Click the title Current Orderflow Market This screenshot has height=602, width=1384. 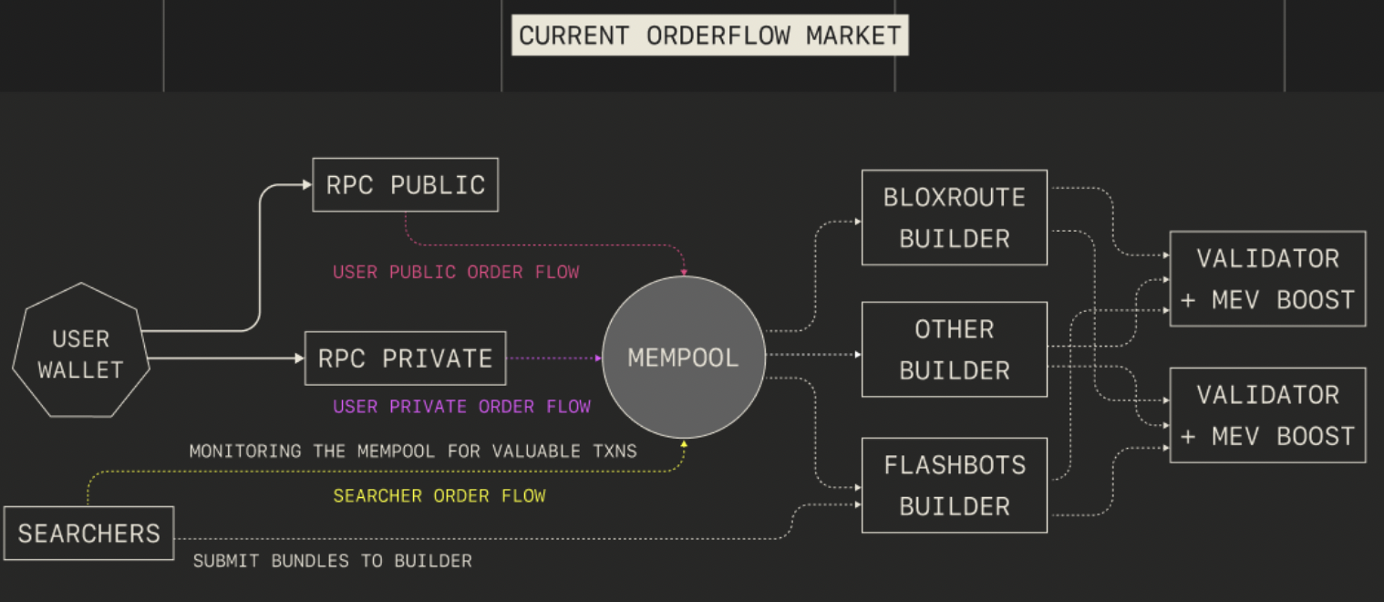click(x=709, y=36)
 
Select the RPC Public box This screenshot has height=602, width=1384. click(x=405, y=185)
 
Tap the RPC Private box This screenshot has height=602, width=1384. click(x=405, y=358)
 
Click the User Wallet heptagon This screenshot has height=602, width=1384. click(x=80, y=354)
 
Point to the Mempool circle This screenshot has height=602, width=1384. click(x=683, y=358)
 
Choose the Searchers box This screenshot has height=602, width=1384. click(x=88, y=534)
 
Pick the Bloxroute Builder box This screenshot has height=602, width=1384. click(x=954, y=218)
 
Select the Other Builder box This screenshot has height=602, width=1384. click(x=954, y=349)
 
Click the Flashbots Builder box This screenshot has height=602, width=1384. click(x=954, y=485)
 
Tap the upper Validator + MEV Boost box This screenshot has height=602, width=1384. click(x=1267, y=278)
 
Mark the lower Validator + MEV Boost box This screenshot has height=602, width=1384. click(x=1267, y=415)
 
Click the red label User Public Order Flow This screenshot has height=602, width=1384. click(x=456, y=272)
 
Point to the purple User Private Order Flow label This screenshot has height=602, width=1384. click(x=461, y=406)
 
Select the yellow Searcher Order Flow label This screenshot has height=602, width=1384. click(x=439, y=495)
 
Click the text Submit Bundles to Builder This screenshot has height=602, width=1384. click(x=332, y=561)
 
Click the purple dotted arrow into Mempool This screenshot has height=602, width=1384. click(x=554, y=358)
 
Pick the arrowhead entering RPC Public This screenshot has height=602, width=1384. click(x=307, y=185)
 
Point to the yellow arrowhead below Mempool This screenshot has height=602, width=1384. click(x=684, y=444)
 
